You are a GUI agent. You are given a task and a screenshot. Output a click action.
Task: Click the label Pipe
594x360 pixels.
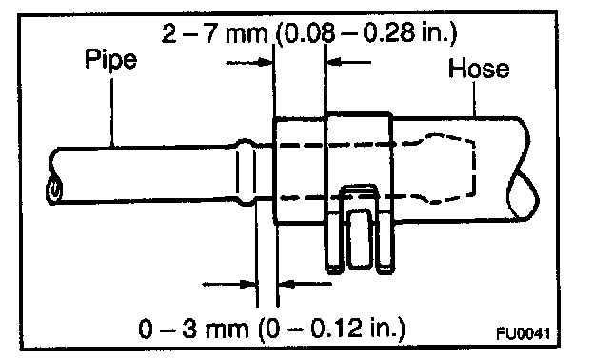pos(110,60)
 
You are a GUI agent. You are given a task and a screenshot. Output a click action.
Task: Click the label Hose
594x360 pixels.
pos(479,69)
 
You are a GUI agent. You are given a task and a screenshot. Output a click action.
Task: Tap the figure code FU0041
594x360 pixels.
pos(524,334)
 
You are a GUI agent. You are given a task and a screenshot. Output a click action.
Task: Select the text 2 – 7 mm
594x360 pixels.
pos(214,33)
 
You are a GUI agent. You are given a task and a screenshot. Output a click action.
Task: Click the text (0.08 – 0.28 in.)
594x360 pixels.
pos(366,33)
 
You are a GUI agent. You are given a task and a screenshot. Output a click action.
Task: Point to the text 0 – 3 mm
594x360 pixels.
pos(193,329)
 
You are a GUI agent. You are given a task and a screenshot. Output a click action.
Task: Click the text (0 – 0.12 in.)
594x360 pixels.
pos(331,329)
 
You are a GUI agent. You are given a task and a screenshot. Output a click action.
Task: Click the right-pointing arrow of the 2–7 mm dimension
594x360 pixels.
pos(249,63)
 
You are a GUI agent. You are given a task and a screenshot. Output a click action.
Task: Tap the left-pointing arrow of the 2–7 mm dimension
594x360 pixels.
pos(348,62)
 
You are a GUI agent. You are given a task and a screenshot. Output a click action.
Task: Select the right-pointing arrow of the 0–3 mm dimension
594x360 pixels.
pos(229,284)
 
